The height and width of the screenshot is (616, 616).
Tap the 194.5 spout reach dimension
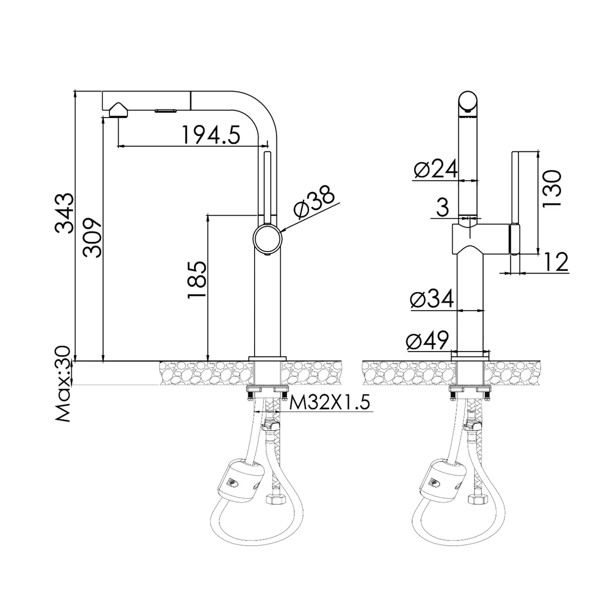tap(211, 134)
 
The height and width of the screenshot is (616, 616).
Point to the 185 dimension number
tap(197, 280)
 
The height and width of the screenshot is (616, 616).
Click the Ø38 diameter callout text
tap(315, 202)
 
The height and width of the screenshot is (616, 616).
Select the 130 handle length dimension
tap(551, 188)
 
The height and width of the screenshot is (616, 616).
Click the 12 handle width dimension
tap(556, 262)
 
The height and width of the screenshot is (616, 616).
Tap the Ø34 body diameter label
tap(432, 298)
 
